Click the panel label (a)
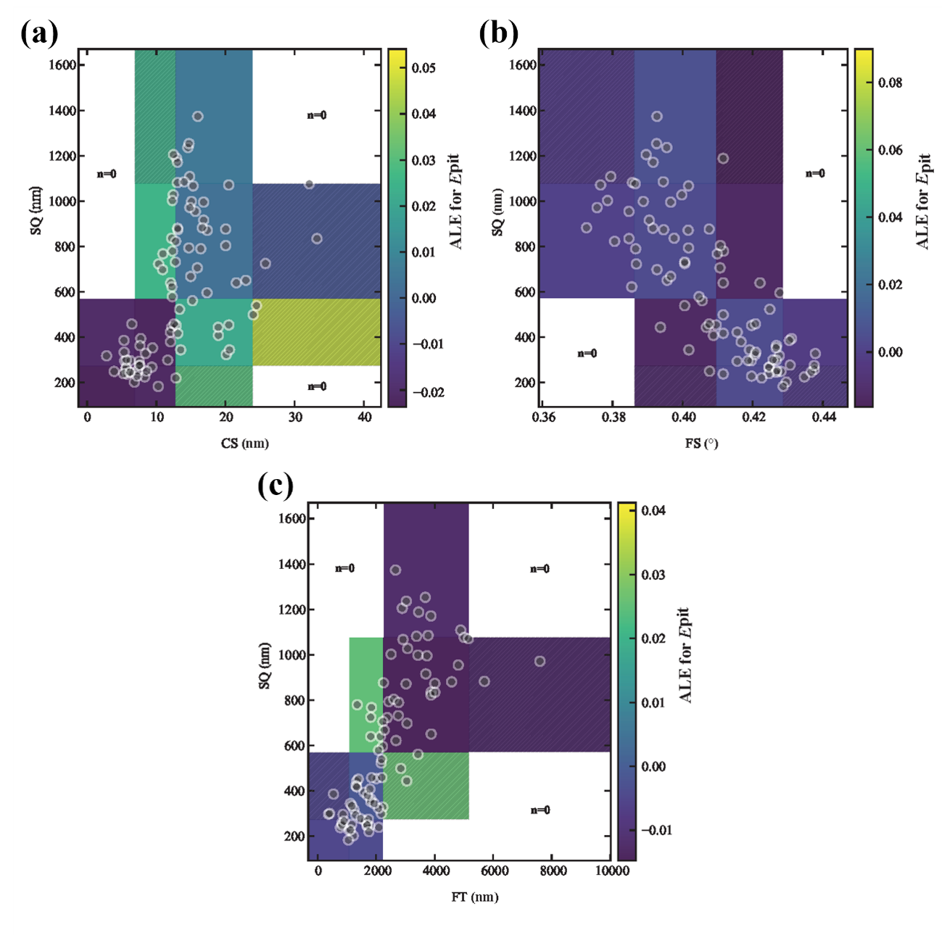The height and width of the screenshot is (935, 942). (x=40, y=34)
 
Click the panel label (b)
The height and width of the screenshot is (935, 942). (x=499, y=34)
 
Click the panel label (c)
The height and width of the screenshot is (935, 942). (x=276, y=486)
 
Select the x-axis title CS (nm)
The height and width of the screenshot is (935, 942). (x=245, y=444)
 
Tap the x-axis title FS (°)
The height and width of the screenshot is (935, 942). (x=701, y=444)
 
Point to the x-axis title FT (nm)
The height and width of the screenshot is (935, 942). (x=475, y=897)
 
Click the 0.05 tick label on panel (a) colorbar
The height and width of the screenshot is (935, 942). (x=424, y=68)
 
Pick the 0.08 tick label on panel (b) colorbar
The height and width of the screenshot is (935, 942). (x=890, y=83)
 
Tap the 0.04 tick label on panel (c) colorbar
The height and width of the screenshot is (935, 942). (x=653, y=510)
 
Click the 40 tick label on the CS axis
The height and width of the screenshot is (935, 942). (x=365, y=417)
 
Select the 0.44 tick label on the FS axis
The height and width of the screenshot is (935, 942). (x=823, y=417)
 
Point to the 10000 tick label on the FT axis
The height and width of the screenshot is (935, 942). (x=612, y=870)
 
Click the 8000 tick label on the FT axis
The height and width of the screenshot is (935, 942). (x=553, y=870)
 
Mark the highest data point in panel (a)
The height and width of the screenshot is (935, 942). (x=197, y=116)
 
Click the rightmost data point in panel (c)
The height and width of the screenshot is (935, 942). (x=540, y=661)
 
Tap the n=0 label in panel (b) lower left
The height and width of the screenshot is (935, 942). (x=587, y=354)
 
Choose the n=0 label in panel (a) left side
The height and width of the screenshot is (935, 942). (x=107, y=174)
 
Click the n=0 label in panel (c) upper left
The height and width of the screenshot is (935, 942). (x=344, y=568)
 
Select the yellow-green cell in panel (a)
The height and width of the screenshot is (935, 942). (x=316, y=333)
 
